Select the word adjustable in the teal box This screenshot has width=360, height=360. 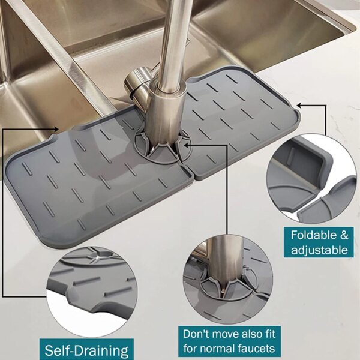pyautogui.click(x=319, y=250)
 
